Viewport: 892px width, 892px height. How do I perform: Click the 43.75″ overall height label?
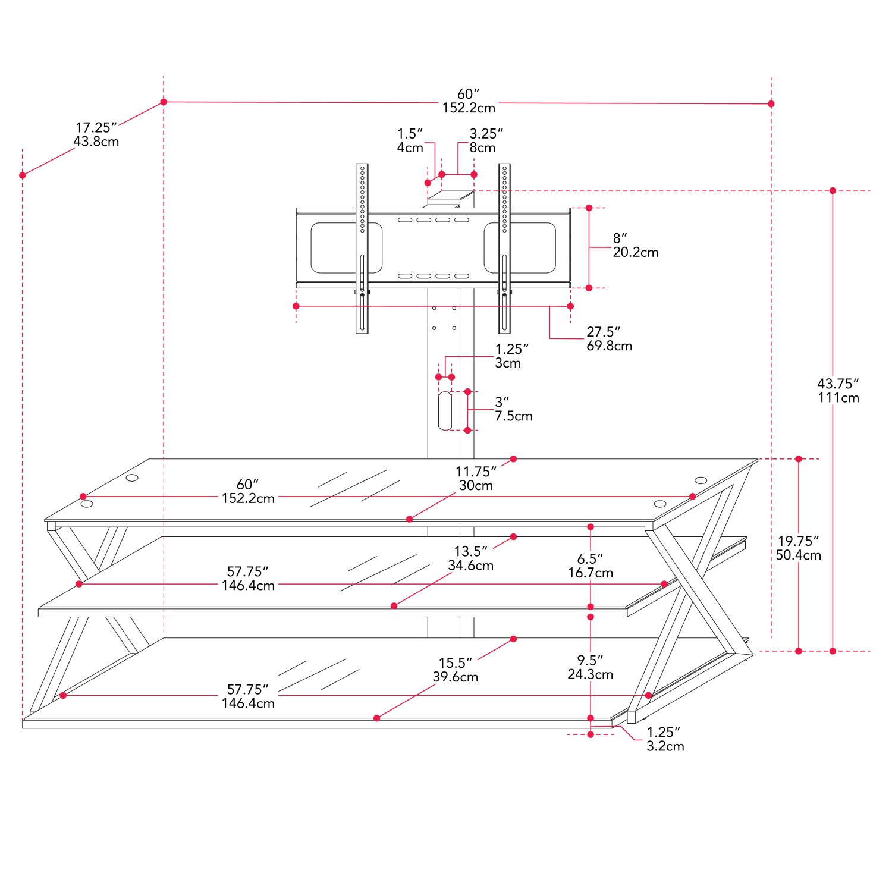tap(838, 391)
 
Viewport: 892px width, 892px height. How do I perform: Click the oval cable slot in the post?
tap(445, 410)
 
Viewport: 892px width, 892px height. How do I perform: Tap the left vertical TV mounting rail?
tap(362, 248)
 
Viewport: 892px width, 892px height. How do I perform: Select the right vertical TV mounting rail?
tap(504, 248)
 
